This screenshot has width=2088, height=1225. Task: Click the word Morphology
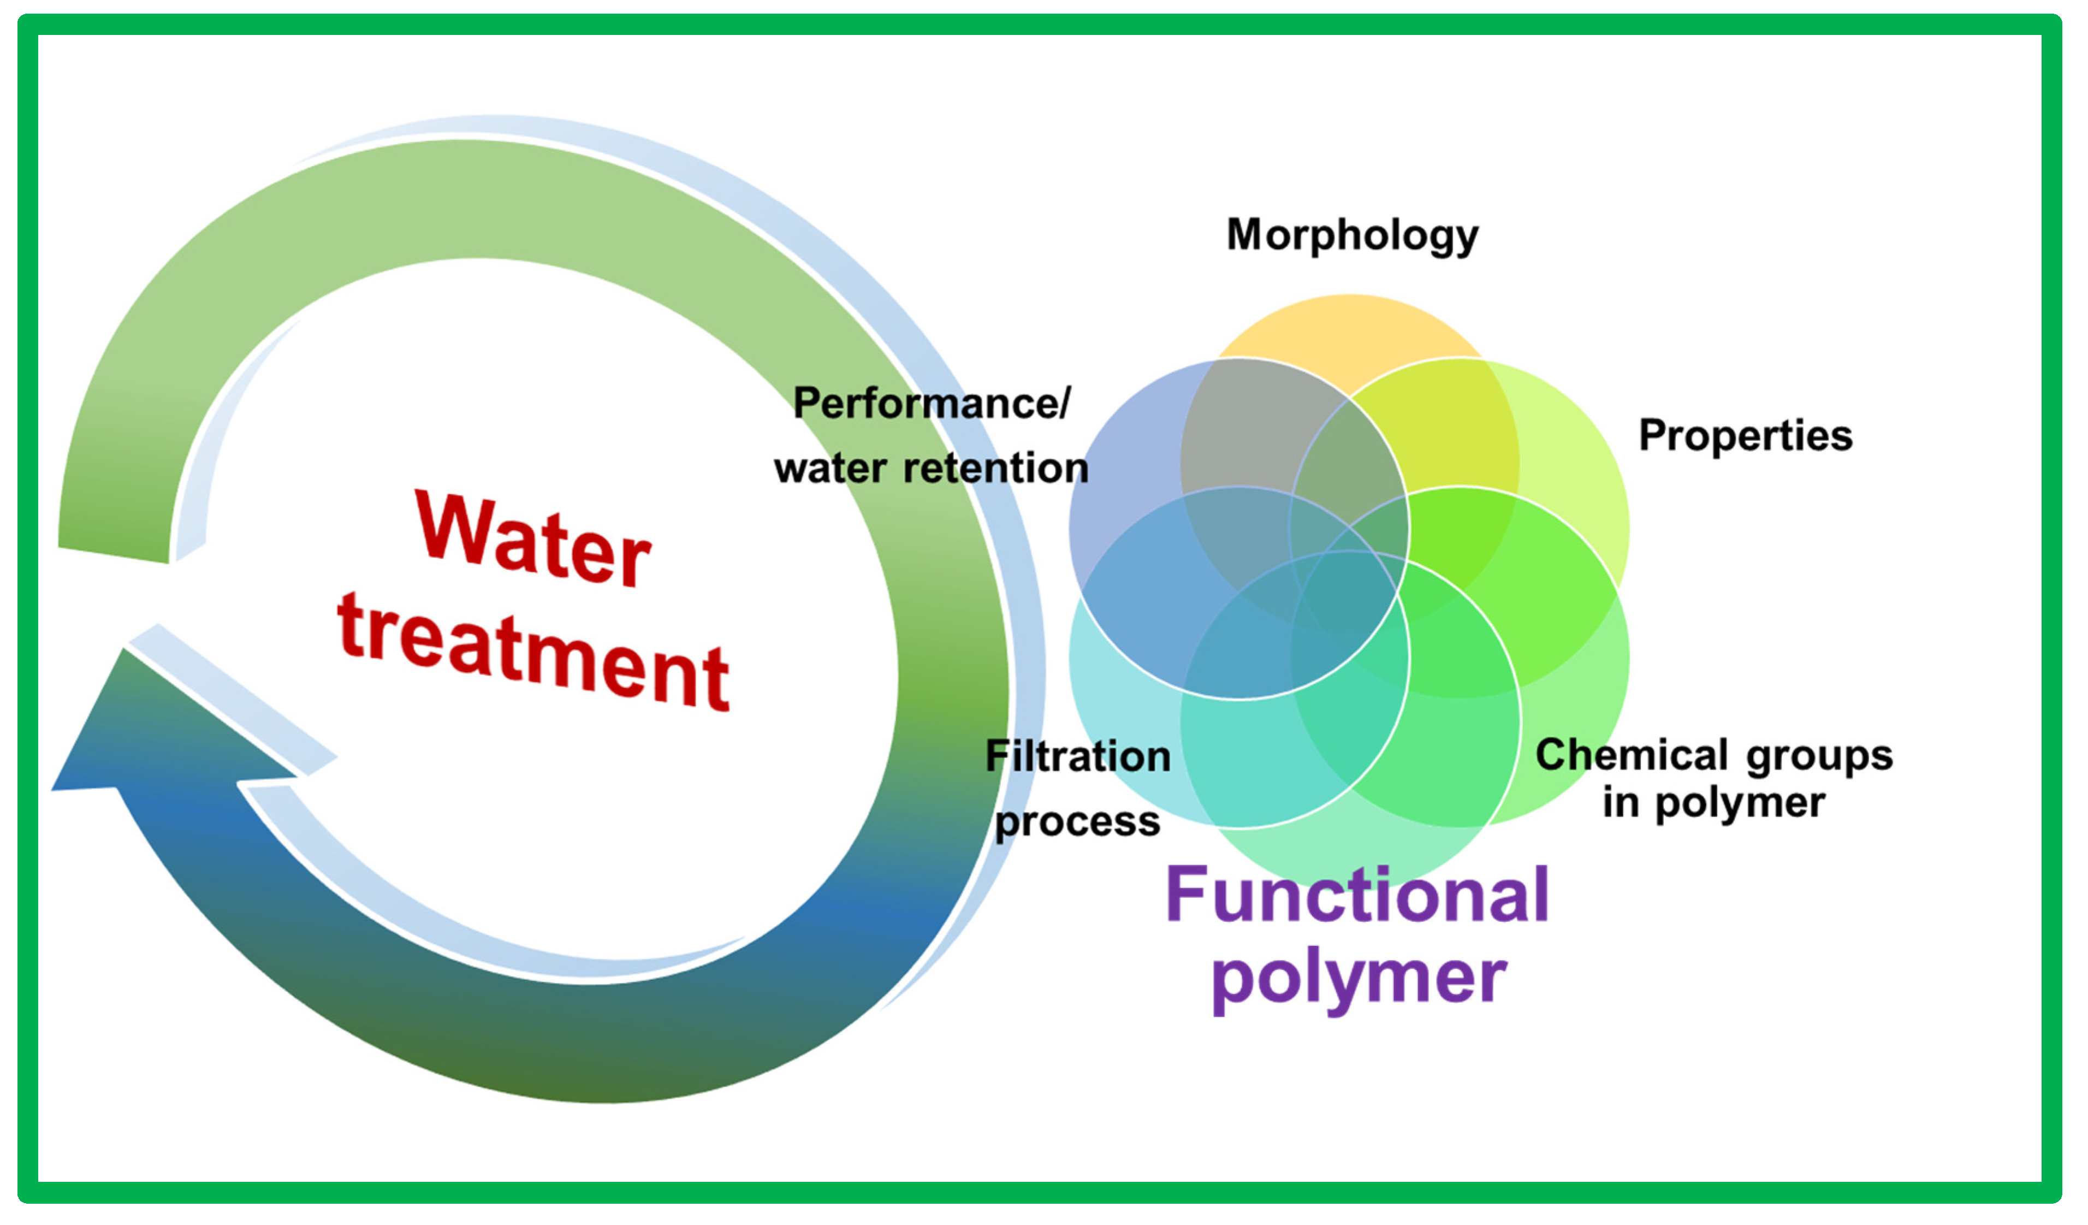point(1352,235)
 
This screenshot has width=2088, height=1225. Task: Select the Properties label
point(1745,436)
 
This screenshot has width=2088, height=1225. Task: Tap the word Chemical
point(1630,755)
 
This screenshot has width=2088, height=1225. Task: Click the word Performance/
point(932,404)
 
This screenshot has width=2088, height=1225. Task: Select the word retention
point(995,468)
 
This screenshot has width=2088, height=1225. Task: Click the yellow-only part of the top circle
point(1349,332)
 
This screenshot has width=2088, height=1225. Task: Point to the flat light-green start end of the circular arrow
point(114,554)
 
